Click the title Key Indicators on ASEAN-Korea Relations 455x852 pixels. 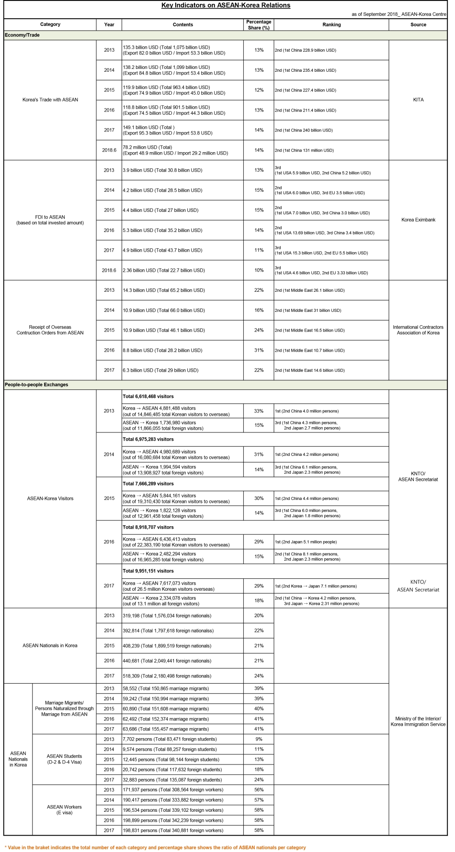click(226, 5)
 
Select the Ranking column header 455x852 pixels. click(331, 24)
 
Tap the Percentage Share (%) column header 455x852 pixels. click(259, 24)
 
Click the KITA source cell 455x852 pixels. click(418, 100)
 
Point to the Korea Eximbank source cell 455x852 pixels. click(418, 220)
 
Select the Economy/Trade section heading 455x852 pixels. click(22, 35)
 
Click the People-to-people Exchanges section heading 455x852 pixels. click(36, 385)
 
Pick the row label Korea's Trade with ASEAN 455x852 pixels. click(50, 100)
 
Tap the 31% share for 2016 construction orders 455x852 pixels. click(259, 350)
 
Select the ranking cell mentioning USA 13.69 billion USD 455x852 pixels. click(324, 231)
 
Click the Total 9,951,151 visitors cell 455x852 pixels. click(148, 571)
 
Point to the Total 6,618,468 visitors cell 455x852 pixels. click(148, 397)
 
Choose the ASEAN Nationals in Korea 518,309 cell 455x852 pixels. click(167, 676)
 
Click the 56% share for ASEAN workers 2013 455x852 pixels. click(259, 790)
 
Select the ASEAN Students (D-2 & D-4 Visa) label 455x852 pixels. click(64, 759)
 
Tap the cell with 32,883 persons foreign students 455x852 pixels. click(172, 780)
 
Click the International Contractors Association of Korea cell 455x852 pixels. click(418, 330)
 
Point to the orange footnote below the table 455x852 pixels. click(155, 847)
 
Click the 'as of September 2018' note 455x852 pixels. click(398, 14)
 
